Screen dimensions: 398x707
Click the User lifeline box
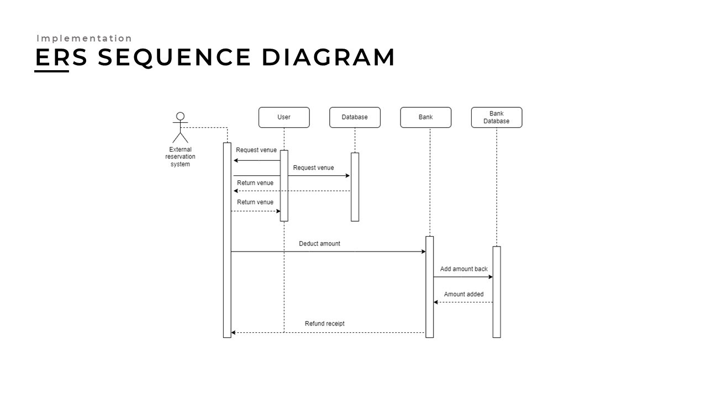[x=284, y=117]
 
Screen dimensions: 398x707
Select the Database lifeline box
[x=355, y=117]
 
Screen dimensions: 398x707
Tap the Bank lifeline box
[x=426, y=117]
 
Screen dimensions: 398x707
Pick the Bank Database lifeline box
[x=497, y=117]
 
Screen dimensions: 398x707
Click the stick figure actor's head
[x=180, y=117]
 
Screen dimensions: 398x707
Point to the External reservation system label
[x=180, y=156]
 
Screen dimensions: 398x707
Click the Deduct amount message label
[x=319, y=243]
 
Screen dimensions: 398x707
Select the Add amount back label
[x=464, y=269]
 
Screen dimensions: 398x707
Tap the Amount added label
[x=464, y=295]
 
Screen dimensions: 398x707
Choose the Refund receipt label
[x=325, y=323]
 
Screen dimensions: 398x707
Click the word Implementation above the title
[x=85, y=38]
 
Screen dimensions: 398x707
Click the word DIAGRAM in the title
[x=328, y=57]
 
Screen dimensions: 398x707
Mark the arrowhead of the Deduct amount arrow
[x=423, y=252]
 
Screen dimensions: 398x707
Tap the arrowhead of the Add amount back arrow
[x=490, y=277]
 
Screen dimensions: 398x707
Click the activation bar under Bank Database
[x=497, y=291]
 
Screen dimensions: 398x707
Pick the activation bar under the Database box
[x=355, y=187]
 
